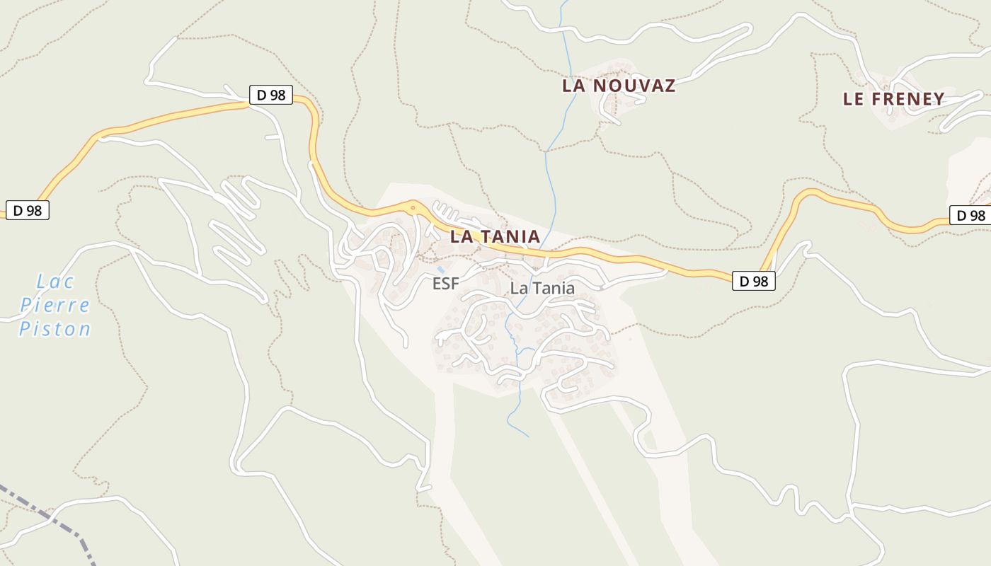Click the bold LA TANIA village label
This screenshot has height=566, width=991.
tap(495, 236)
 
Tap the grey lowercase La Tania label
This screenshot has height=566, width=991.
tap(542, 288)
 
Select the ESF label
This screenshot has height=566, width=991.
tap(446, 284)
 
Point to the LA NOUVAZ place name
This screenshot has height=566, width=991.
tap(619, 86)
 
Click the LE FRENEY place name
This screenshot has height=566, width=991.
tap(893, 99)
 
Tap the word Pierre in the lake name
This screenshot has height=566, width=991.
tap(55, 306)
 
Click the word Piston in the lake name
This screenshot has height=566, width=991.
tap(55, 329)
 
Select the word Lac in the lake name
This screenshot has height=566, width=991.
tap(55, 282)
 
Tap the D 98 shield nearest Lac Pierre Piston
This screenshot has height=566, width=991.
tap(28, 210)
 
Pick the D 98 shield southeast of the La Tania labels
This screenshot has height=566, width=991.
tap(753, 281)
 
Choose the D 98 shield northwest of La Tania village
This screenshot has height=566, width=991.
tap(270, 95)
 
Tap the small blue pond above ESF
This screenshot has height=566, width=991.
tap(441, 270)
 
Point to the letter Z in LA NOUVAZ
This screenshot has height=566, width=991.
tap(668, 86)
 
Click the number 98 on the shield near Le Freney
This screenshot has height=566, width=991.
tap(977, 216)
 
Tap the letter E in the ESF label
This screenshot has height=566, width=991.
tap(437, 284)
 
